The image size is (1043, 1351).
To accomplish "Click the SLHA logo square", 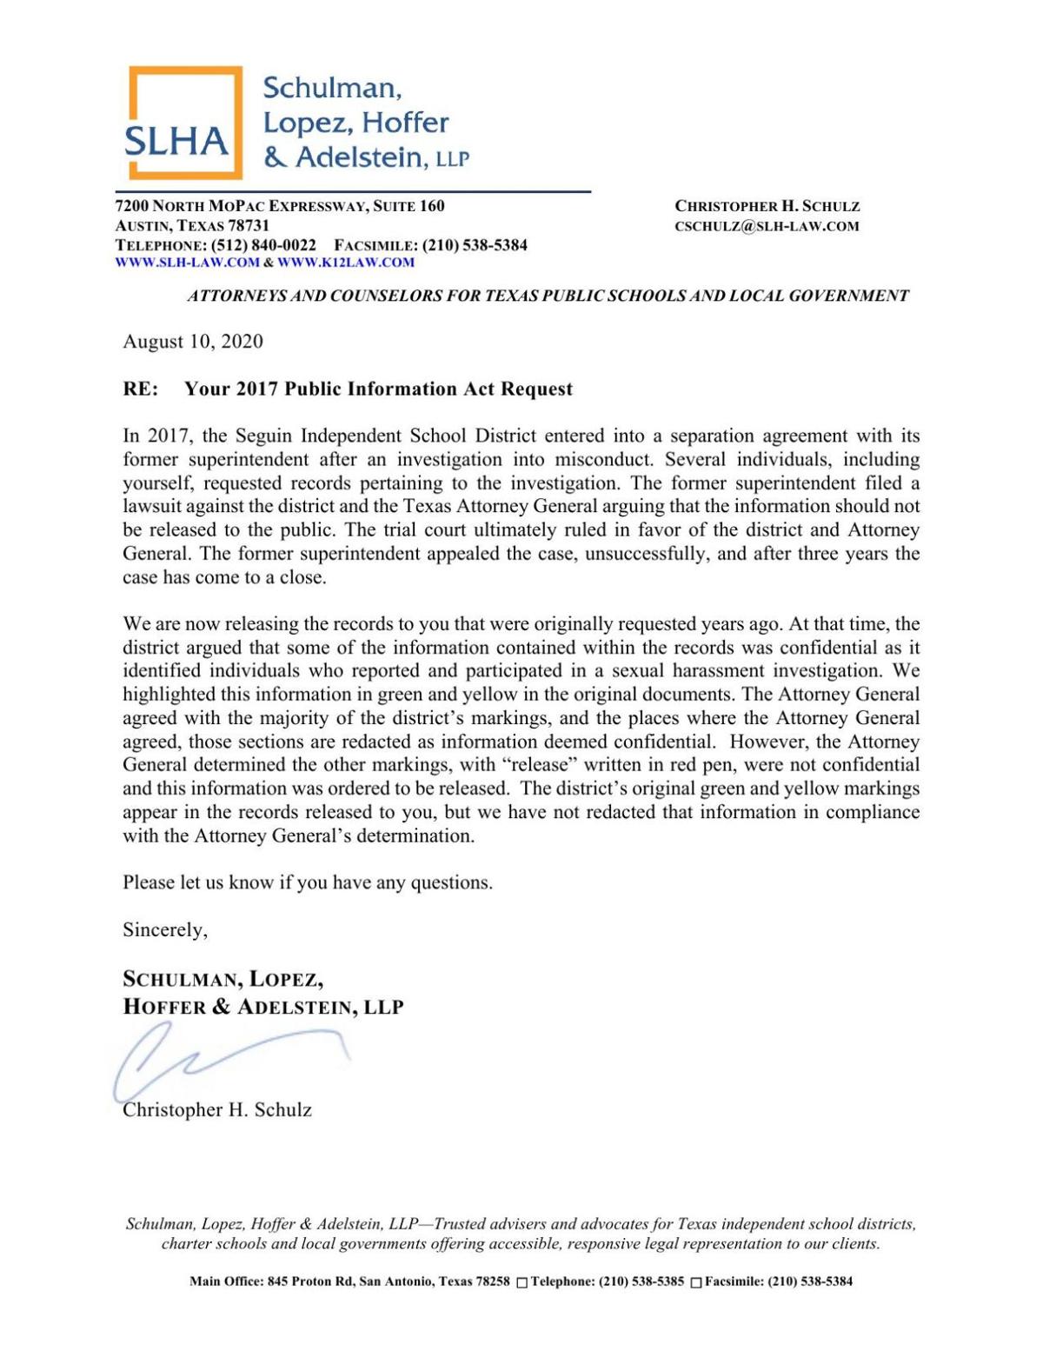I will tap(183, 123).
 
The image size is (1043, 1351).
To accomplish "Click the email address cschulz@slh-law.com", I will tap(767, 227).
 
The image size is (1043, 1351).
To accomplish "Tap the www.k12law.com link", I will tap(346, 263).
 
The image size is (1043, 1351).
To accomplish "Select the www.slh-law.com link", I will tap(187, 263).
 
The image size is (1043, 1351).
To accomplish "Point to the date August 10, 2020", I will tap(193, 342).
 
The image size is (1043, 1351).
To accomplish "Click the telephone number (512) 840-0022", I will tap(263, 245).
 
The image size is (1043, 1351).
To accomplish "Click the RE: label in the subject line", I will tap(141, 389).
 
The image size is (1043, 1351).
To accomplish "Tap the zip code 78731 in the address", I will tap(249, 226).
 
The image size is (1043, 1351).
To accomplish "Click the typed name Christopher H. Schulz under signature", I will tap(217, 1110).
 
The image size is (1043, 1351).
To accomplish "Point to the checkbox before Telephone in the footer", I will tap(521, 1282).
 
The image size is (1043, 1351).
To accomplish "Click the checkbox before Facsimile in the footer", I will tap(695, 1282).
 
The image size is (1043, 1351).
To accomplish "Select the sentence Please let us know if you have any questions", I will tap(308, 883).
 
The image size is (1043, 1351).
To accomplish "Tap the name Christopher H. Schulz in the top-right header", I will tap(767, 207).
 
